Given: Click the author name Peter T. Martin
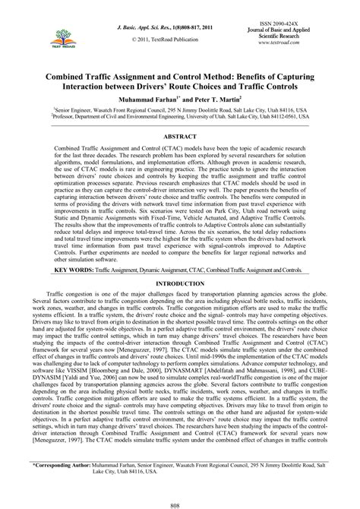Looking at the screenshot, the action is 216,99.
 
